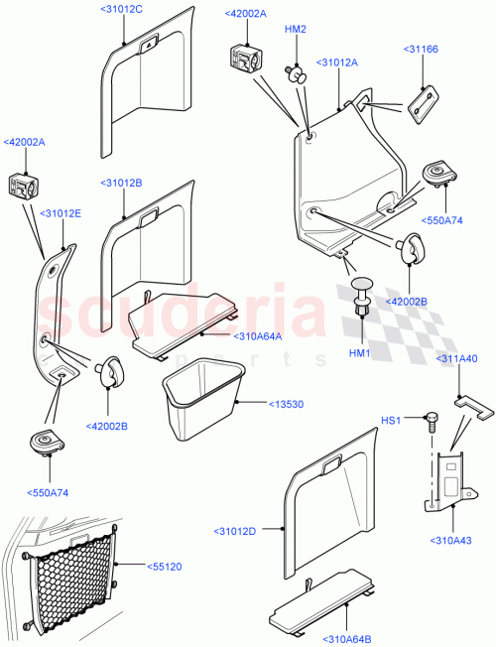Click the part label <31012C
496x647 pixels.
coord(122,9)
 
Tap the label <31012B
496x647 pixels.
coord(121,184)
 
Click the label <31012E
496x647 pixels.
coord(61,212)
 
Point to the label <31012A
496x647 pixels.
coord(337,63)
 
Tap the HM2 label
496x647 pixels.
coord(295,30)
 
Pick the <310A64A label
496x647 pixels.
coord(259,335)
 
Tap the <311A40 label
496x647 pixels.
coord(457,357)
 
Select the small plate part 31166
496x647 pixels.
coord(424,100)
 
